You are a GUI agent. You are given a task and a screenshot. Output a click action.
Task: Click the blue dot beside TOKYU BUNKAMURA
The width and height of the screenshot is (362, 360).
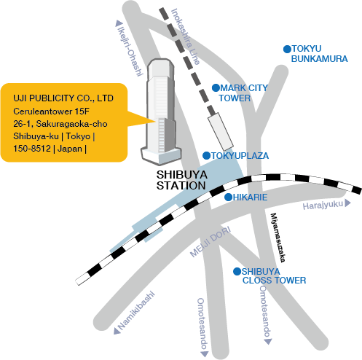tap(287, 49)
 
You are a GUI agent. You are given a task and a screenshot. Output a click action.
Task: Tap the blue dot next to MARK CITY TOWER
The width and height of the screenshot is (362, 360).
tap(216, 87)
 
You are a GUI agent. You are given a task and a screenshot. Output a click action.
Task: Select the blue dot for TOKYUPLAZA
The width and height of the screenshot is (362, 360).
tap(206, 155)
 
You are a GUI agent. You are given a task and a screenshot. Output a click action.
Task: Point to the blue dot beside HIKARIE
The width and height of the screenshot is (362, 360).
tap(228, 197)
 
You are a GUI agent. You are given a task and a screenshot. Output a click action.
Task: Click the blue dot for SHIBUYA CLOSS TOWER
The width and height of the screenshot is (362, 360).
tap(237, 271)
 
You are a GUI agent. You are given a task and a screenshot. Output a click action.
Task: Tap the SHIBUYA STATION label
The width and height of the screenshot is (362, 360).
tap(181, 180)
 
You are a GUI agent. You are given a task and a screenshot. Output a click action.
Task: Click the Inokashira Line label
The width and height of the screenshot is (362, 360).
tap(186, 36)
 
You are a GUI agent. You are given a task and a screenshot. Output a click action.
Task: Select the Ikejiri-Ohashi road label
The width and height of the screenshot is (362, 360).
tap(130, 51)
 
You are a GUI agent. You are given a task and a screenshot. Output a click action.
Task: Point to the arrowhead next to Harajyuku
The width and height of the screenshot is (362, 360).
tap(347, 203)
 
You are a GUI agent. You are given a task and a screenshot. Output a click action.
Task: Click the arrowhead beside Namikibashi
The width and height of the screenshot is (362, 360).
tap(117, 331)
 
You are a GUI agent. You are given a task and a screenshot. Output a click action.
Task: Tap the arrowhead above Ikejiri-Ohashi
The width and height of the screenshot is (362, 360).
tap(119, 23)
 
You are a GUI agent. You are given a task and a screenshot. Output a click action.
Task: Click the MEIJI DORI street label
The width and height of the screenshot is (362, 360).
tap(210, 242)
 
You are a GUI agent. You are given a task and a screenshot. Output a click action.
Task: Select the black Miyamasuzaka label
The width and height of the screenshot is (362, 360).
tap(278, 238)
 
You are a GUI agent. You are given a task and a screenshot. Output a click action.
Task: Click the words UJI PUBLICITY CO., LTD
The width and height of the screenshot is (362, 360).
tap(63, 98)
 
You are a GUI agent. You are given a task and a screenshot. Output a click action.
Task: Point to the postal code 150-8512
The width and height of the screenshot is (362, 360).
tap(32, 149)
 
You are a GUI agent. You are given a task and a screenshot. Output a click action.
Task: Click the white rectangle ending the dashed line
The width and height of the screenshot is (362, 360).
tap(221, 131)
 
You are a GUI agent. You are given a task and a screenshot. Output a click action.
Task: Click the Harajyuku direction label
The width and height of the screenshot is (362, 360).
tap(323, 206)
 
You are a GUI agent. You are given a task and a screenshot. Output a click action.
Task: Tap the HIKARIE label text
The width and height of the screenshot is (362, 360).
tap(251, 197)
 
